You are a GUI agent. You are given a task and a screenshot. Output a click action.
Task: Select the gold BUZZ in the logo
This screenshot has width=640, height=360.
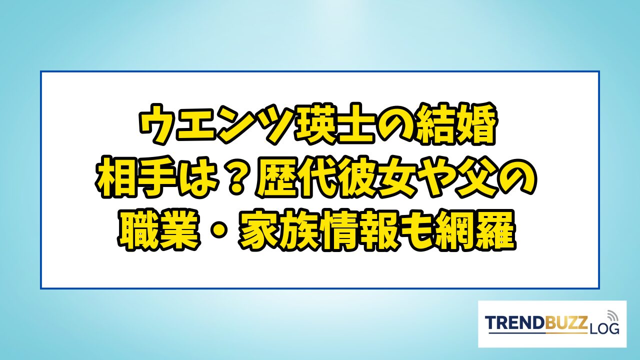point(565,323)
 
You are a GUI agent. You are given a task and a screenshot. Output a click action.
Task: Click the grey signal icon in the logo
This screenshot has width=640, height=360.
point(611,315)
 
